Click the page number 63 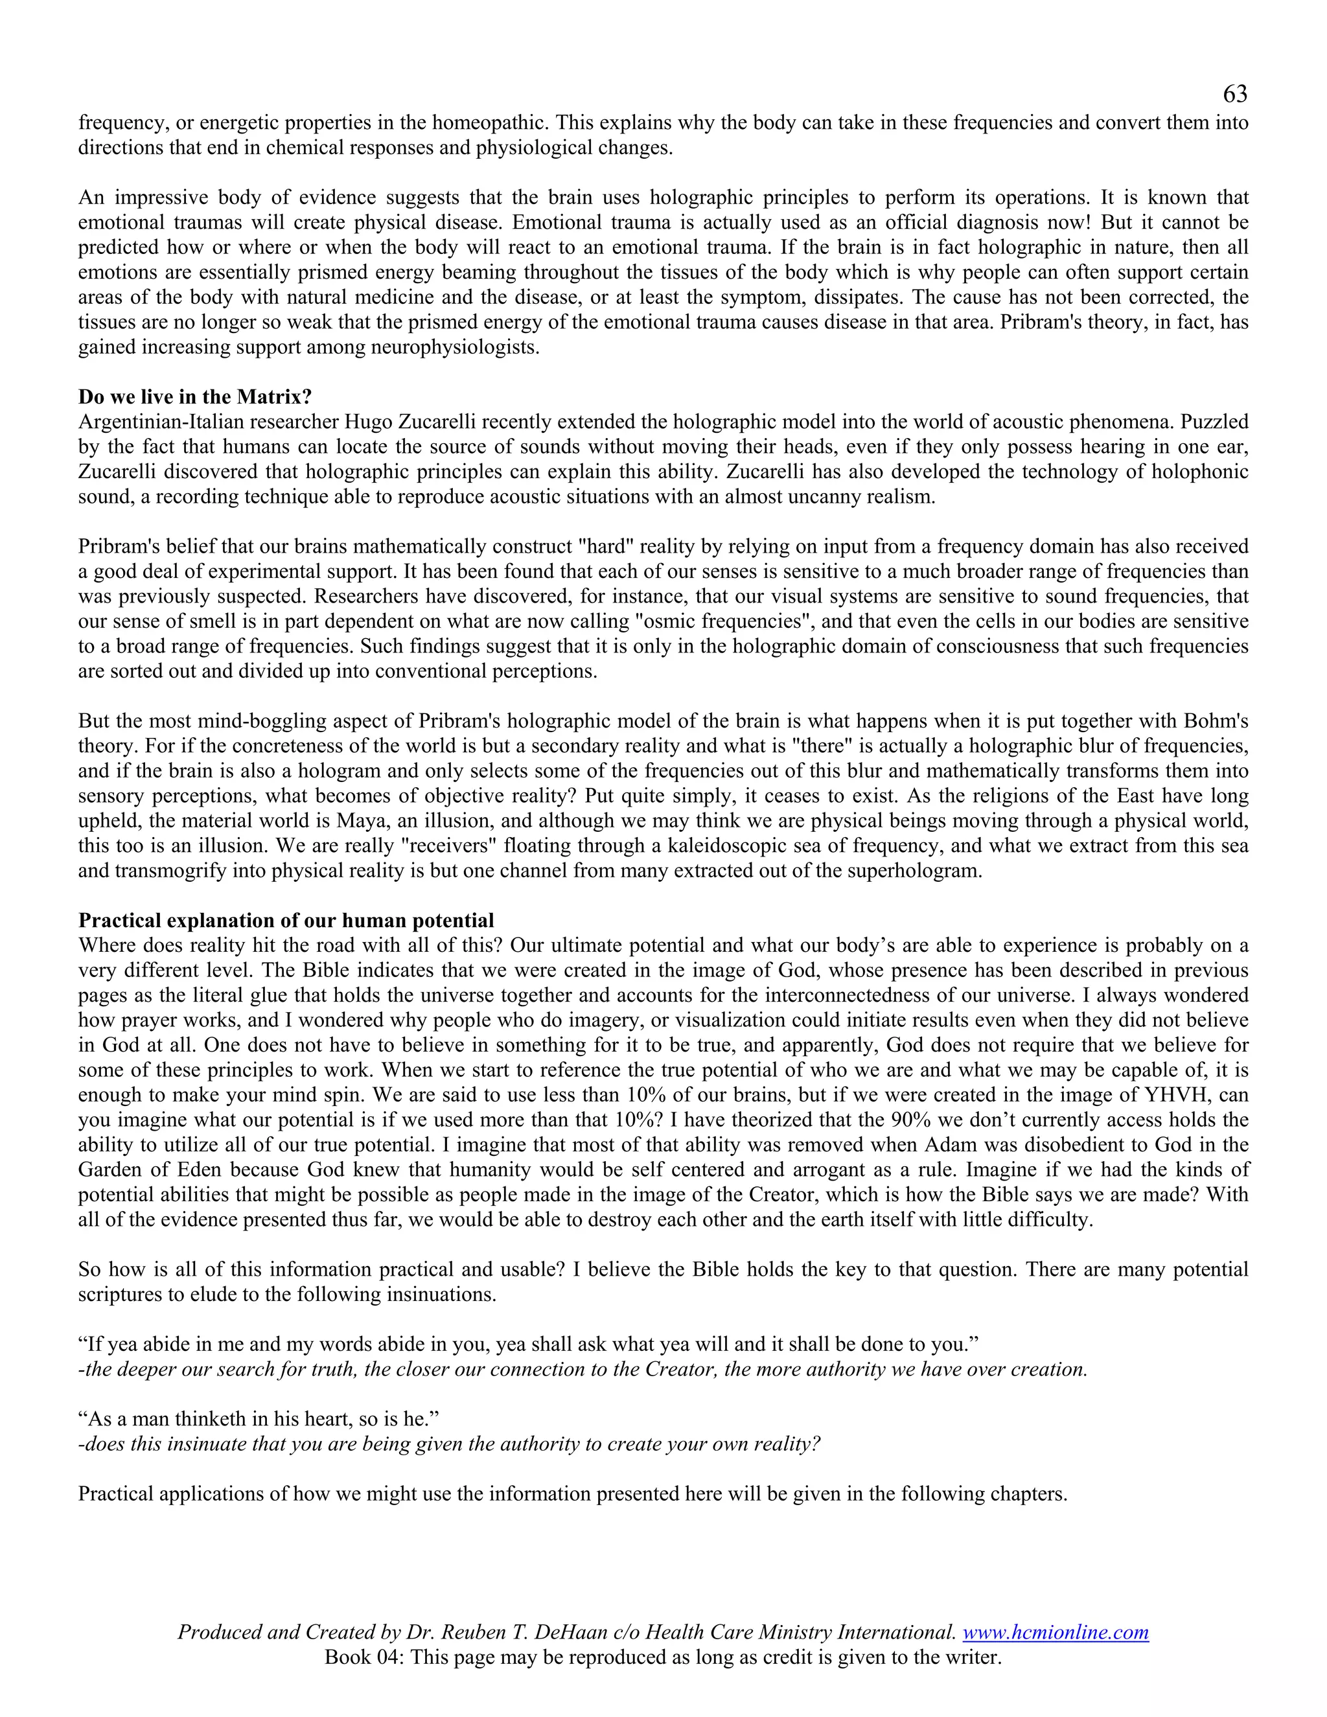[1234, 95]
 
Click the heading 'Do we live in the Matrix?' [195, 397]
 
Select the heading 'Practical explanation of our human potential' [286, 921]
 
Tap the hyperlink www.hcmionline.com [1055, 1633]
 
